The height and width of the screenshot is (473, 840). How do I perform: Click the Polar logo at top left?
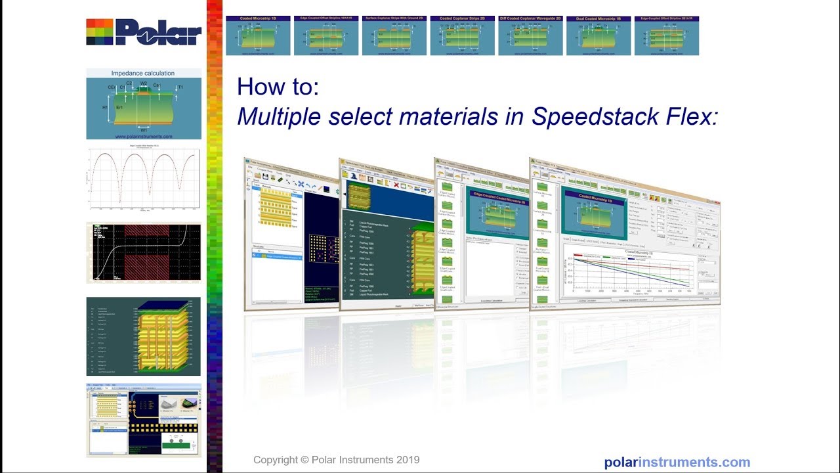[144, 32]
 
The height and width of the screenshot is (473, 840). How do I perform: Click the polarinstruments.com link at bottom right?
[677, 462]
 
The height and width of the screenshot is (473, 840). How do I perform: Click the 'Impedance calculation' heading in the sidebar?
[143, 74]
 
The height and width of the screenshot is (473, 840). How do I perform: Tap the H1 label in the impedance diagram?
[105, 106]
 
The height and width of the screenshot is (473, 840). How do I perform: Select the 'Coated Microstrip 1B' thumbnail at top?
[258, 35]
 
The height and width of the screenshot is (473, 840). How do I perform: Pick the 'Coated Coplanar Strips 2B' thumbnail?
[463, 35]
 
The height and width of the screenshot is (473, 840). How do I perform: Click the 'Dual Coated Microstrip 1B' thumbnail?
[598, 35]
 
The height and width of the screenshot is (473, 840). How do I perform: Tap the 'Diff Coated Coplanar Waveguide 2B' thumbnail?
[530, 35]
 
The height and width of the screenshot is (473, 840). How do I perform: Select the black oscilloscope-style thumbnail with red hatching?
[143, 253]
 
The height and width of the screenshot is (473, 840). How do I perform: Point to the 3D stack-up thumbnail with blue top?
[143, 336]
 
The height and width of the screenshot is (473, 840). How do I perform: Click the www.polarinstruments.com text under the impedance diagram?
[143, 137]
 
